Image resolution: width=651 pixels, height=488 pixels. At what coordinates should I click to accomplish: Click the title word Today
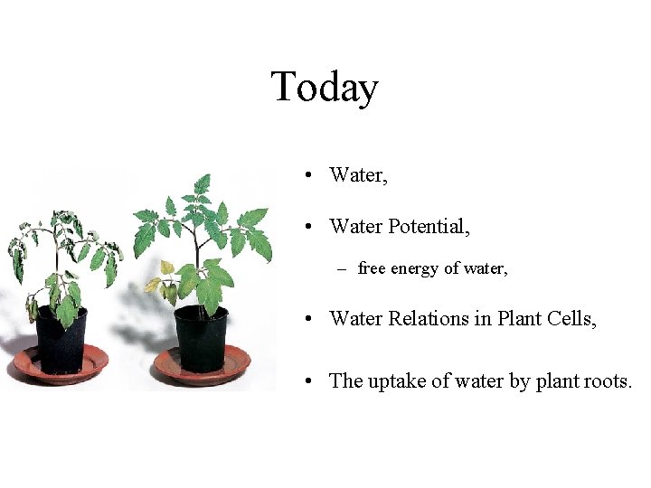[x=325, y=88]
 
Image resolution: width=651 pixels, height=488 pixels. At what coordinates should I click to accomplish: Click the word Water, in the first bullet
[x=359, y=174]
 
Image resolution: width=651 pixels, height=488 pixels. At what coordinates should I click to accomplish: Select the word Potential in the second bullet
[x=429, y=226]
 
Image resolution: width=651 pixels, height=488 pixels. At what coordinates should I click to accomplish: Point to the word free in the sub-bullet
[x=372, y=268]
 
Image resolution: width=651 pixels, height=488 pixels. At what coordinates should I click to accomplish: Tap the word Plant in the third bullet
[x=519, y=317]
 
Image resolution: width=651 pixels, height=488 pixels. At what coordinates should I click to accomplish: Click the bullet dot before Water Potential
[x=309, y=227]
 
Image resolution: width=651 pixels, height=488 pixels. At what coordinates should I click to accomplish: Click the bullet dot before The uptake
[x=309, y=381]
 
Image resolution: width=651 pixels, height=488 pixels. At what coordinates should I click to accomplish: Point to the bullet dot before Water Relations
[x=309, y=318]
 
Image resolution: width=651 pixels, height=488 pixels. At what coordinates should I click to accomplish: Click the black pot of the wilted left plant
[x=61, y=340]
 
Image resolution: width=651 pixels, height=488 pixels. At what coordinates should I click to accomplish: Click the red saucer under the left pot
[x=61, y=366]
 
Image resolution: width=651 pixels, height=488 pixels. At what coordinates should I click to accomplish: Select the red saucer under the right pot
[x=202, y=366]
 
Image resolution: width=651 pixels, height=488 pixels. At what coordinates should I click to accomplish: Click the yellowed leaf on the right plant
[x=166, y=267]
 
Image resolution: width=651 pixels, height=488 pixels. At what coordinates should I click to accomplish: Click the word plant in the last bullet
[x=557, y=381]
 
